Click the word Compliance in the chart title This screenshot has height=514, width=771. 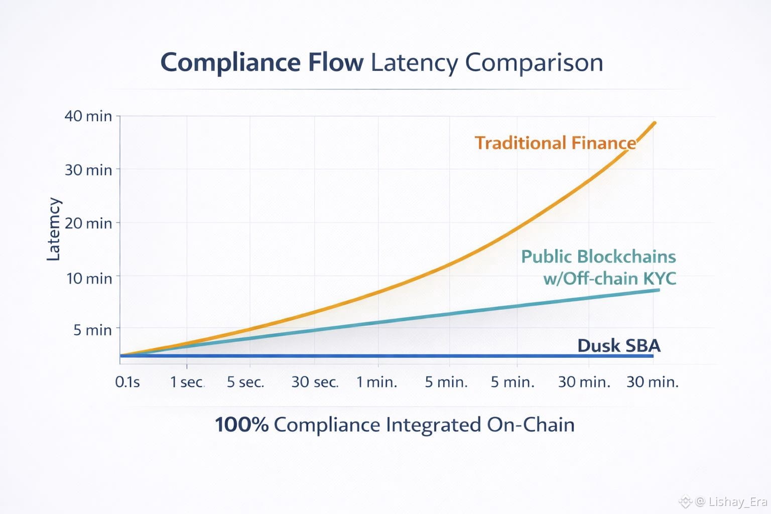coord(230,63)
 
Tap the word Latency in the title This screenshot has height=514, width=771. coord(414,63)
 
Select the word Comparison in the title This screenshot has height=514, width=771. coord(534,63)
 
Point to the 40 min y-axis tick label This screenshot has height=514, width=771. coord(88,116)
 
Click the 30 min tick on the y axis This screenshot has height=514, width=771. coord(88,170)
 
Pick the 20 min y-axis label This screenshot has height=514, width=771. coord(88,223)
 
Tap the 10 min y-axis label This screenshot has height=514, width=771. coord(89,278)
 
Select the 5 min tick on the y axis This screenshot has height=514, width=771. coord(92,330)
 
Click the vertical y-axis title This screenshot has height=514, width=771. coord(53,229)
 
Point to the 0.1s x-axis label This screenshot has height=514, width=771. coord(127,382)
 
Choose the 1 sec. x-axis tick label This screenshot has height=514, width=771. coord(187,382)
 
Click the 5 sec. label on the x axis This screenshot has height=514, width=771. coord(245,382)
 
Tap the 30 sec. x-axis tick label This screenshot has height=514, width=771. coord(315,382)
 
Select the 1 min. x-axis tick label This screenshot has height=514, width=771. coord(376,382)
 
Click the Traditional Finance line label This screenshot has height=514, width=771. coord(555,143)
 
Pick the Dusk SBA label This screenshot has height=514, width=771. coord(618,345)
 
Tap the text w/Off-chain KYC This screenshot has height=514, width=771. coord(609,278)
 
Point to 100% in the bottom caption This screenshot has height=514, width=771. coord(241,425)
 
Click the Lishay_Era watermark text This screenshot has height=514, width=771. coord(738,501)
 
